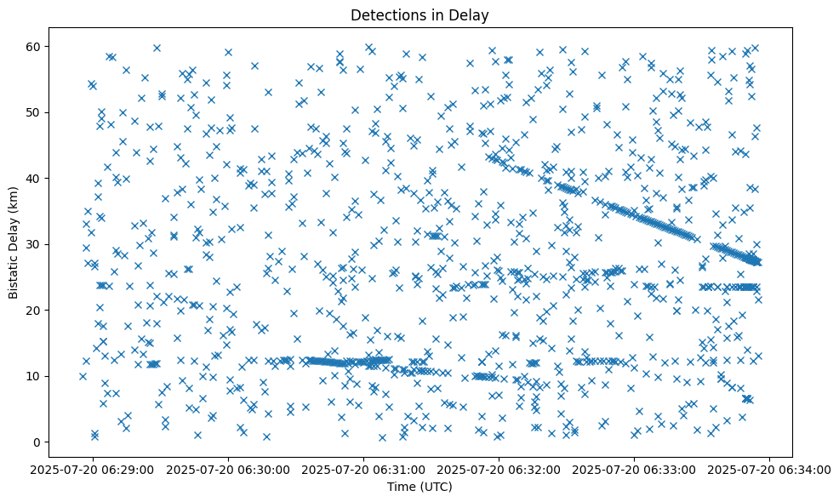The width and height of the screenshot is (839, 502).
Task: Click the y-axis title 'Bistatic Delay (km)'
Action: (x=14, y=243)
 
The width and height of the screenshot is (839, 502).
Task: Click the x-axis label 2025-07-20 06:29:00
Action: (x=93, y=469)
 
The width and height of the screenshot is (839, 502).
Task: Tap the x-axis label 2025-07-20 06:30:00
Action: (x=229, y=469)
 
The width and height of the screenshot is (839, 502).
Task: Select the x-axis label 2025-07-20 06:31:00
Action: (x=364, y=469)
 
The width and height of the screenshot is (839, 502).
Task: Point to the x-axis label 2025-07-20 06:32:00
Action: (x=499, y=469)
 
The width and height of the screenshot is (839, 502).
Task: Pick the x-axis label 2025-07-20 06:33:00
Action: (x=635, y=469)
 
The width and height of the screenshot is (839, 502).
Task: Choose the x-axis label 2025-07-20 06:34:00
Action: (x=770, y=469)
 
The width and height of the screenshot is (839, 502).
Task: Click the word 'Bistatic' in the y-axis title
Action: (x=14, y=274)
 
